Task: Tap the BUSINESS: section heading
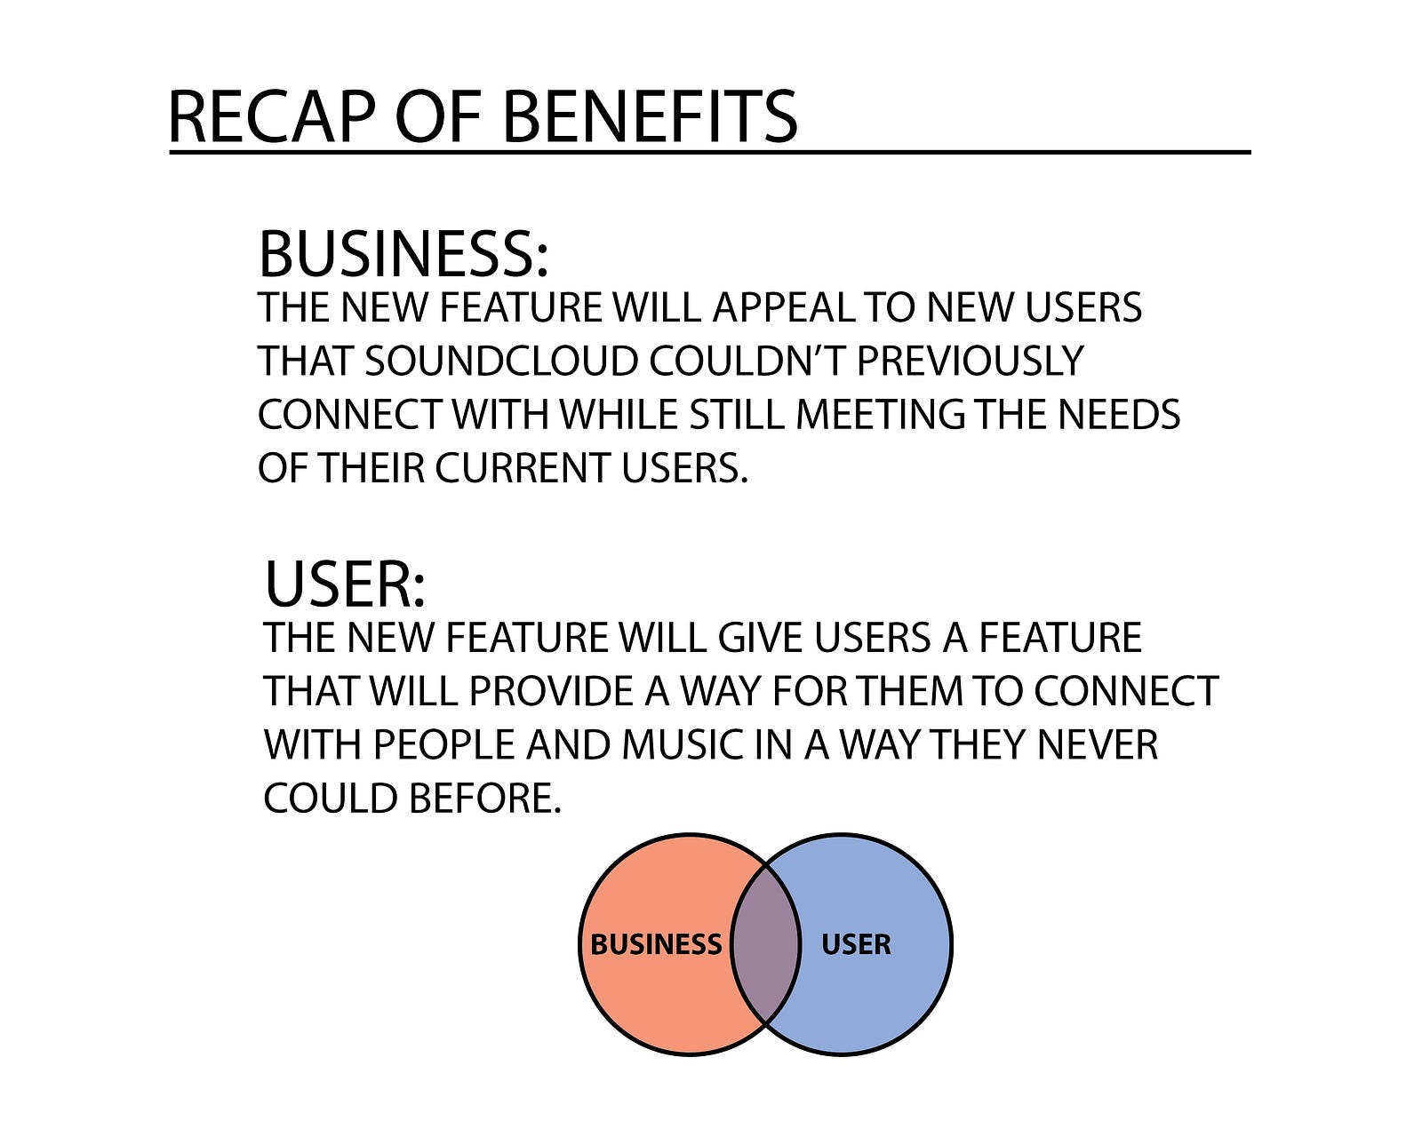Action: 403,254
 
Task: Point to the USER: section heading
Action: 345,584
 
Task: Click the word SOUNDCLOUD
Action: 501,362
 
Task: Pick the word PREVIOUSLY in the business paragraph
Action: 970,362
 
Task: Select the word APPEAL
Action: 782,308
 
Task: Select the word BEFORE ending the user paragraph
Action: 485,799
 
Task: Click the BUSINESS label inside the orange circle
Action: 656,944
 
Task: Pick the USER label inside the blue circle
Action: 856,944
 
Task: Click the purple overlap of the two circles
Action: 765,944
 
